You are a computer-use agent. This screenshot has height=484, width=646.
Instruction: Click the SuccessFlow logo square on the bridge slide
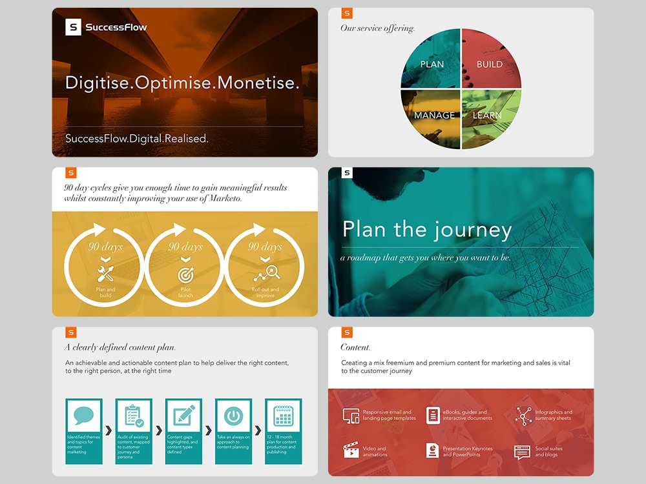coord(74,27)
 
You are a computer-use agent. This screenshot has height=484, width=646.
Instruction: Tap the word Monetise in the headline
coord(258,83)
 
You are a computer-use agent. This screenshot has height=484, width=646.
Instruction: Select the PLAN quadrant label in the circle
coord(432,64)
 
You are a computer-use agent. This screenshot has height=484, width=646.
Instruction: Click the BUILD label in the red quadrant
coord(490,64)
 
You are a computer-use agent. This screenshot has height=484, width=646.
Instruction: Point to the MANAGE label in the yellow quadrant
coord(435,116)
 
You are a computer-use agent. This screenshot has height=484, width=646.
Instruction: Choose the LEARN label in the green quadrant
coord(487,116)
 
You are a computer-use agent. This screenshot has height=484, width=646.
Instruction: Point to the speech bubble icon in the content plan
coord(84,416)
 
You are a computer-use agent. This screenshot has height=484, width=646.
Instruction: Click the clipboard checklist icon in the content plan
coord(134,416)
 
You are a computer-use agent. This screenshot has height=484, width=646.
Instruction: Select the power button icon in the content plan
coord(233,416)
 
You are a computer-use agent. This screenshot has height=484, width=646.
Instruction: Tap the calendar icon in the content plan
coord(284,416)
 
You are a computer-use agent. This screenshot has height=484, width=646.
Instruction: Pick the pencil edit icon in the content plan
coord(183,416)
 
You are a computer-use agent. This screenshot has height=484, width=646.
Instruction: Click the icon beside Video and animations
coord(351,450)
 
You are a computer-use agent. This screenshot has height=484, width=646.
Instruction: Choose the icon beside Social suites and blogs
coord(522,452)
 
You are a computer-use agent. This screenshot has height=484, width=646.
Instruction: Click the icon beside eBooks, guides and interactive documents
coord(433,416)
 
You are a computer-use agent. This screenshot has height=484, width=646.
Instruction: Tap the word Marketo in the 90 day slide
coord(224,199)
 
